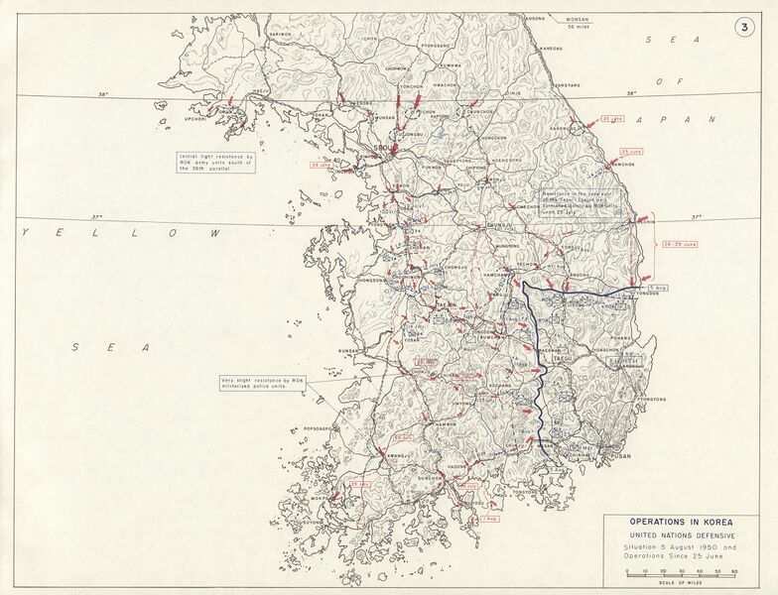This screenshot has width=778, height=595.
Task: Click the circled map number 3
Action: click(x=744, y=28)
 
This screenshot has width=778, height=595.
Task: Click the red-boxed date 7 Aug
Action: click(x=487, y=518)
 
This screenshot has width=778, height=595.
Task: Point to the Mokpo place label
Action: click(x=320, y=500)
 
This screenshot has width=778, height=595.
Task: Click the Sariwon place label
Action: click(x=281, y=33)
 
